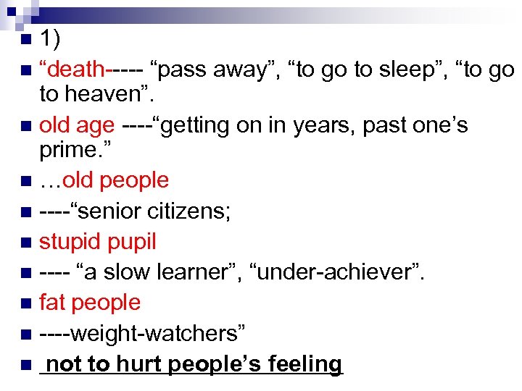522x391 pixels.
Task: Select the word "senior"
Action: [116, 211]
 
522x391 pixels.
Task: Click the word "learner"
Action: [195, 272]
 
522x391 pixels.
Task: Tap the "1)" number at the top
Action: [51, 37]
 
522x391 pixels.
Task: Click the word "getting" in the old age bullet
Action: [196, 125]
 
